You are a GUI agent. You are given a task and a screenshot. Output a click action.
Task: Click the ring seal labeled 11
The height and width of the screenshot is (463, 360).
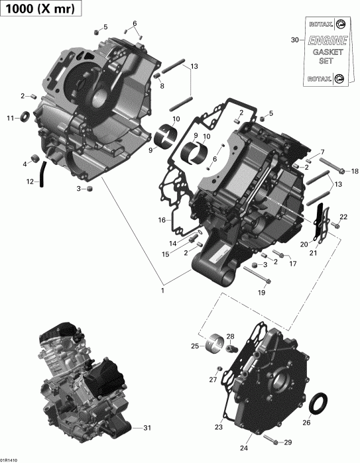click(x=26, y=118)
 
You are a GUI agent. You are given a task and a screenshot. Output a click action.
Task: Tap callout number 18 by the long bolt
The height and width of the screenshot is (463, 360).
click(x=354, y=170)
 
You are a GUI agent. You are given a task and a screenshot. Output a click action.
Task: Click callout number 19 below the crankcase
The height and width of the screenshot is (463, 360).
click(x=261, y=292)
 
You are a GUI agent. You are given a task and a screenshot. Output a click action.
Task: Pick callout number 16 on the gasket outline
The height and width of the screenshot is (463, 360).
click(x=161, y=220)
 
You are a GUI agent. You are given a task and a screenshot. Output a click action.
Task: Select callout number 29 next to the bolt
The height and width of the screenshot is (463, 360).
click(x=288, y=442)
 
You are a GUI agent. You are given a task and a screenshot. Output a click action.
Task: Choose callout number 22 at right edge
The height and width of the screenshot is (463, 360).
click(x=343, y=217)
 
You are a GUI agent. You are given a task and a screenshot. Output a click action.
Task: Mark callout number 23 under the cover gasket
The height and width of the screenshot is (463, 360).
click(x=218, y=427)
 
